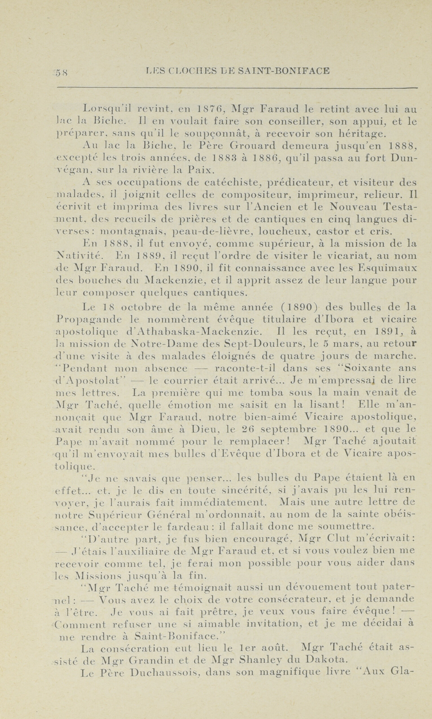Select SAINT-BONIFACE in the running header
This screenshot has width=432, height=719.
pyautogui.click(x=284, y=71)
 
